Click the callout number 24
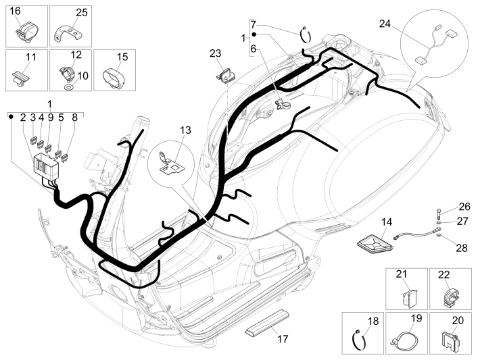[385, 24]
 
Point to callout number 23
[215, 53]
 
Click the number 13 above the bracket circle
[186, 130]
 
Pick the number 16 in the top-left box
[15, 11]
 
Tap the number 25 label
[81, 12]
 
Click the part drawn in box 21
[405, 295]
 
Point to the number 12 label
[76, 54]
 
